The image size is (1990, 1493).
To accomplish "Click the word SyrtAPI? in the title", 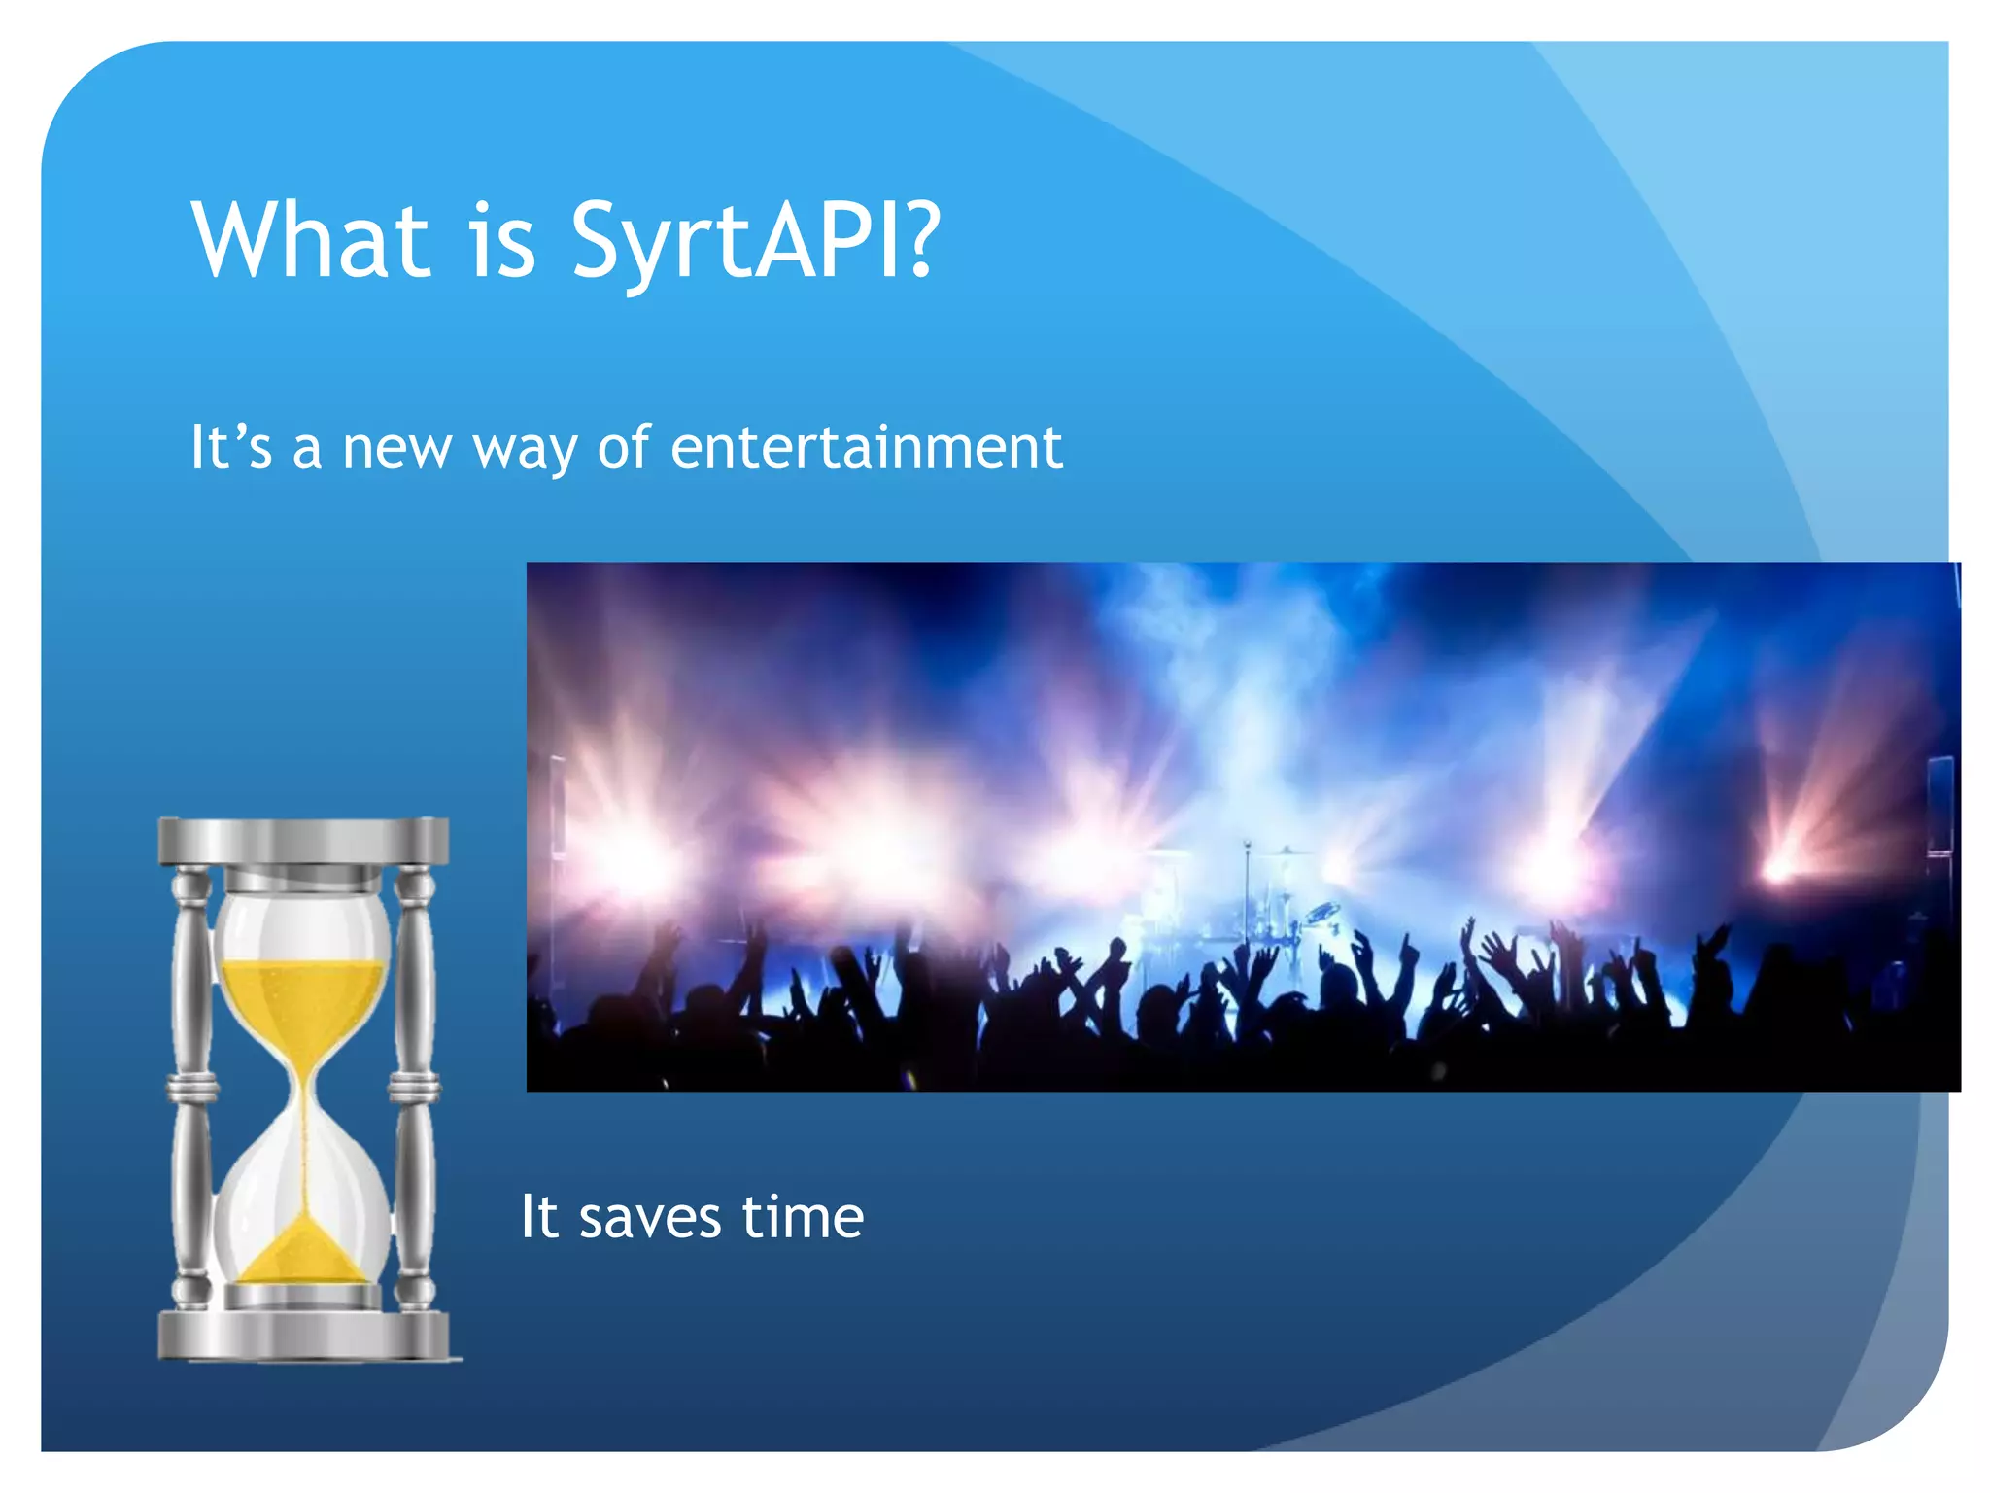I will (x=755, y=240).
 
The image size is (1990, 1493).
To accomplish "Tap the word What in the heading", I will (x=311, y=240).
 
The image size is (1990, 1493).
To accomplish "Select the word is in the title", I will (x=502, y=240).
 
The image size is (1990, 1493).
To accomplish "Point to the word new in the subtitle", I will (x=397, y=449).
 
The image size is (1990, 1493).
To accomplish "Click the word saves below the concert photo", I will (x=650, y=1217).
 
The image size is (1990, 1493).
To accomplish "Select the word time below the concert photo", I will (x=803, y=1217).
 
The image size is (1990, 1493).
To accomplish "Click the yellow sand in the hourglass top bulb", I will (x=303, y=1001).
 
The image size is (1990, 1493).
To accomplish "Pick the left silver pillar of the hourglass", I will (x=191, y=1084).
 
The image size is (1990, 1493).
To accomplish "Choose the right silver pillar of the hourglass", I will (x=416, y=1084).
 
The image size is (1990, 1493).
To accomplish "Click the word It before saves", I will (x=539, y=1217).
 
